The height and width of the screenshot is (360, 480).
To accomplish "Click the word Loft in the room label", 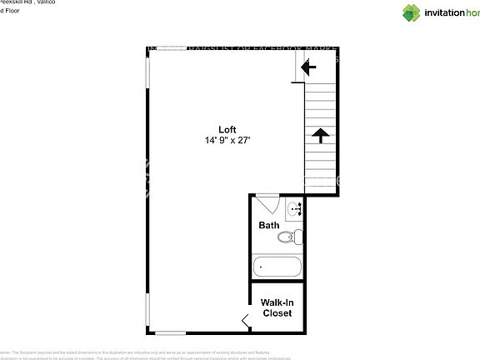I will [x=227, y=129].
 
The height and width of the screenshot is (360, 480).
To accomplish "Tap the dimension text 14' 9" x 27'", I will [x=227, y=141].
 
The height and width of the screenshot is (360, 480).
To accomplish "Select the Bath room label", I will [x=268, y=225].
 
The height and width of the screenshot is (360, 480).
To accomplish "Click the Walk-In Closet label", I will [x=277, y=307].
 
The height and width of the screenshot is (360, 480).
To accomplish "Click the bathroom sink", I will [x=294, y=208].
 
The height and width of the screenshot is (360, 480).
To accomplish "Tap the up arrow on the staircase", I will [x=318, y=134].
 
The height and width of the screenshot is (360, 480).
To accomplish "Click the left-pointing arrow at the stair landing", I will [x=307, y=69].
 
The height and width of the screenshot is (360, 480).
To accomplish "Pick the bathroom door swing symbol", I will [x=267, y=202].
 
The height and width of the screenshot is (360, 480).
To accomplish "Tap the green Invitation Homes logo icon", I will [x=412, y=12].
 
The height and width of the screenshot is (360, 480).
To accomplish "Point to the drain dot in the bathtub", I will [x=261, y=267].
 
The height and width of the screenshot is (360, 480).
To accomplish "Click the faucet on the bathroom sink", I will [x=297, y=208].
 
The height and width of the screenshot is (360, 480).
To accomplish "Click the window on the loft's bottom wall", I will [x=170, y=333].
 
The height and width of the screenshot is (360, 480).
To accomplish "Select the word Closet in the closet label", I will [x=277, y=313].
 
